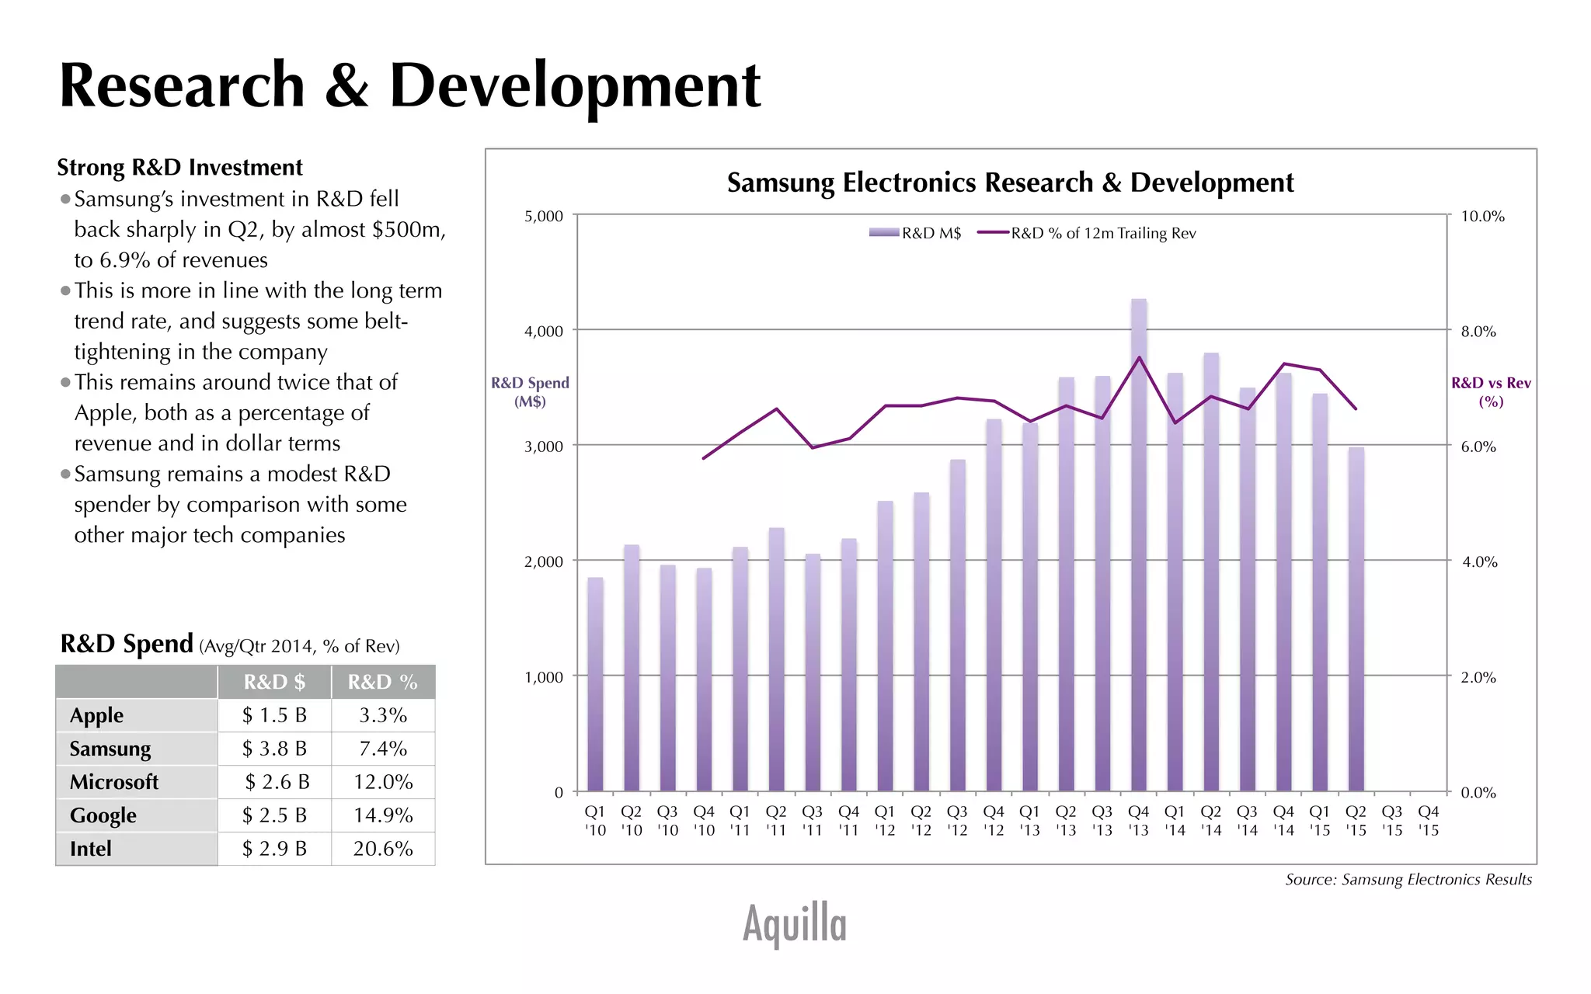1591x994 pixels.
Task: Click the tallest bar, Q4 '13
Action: [x=1138, y=544]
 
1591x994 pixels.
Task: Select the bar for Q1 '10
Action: [x=595, y=683]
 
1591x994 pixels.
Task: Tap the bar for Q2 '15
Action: [x=1356, y=621]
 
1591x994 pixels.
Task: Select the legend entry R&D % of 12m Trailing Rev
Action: [x=1088, y=233]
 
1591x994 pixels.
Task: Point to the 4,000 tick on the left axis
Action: [x=544, y=332]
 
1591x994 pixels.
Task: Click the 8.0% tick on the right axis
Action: [x=1478, y=332]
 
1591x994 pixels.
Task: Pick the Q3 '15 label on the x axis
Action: [x=1391, y=821]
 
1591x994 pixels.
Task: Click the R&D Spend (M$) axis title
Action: [x=530, y=392]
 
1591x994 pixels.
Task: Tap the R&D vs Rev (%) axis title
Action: [x=1491, y=392]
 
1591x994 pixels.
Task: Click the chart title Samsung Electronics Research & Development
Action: [x=1010, y=182]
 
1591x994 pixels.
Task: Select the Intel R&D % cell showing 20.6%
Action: [x=382, y=849]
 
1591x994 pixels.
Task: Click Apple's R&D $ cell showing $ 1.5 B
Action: [x=274, y=715]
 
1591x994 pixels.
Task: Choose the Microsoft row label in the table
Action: [x=114, y=782]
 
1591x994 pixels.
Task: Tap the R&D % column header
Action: [x=382, y=682]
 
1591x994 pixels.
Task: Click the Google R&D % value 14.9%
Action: [x=382, y=815]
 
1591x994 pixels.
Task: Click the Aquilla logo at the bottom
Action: [x=794, y=924]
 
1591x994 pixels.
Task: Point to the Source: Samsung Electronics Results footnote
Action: [x=1408, y=880]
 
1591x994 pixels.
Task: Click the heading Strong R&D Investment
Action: [x=179, y=168]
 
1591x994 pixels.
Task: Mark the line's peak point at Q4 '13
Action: [x=1139, y=357]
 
